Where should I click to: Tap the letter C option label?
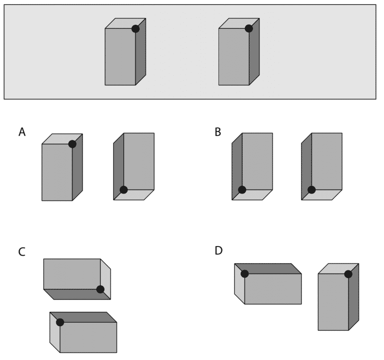pos(22,252)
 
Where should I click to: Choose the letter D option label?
pos(219,250)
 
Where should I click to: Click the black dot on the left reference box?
pos(135,29)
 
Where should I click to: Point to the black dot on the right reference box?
pos(248,29)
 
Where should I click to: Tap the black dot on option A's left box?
pos(72,144)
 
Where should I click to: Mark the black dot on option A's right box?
pos(124,189)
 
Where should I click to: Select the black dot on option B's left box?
pos(242,189)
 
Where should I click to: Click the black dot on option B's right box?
pos(311,189)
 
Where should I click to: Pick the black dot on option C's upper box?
pos(100,289)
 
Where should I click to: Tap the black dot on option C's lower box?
pos(60,322)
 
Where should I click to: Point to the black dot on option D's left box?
pos(244,274)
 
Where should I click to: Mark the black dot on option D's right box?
pos(348,274)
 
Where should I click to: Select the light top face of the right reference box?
pos(239,23)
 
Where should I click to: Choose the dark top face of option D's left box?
pos(268,268)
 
